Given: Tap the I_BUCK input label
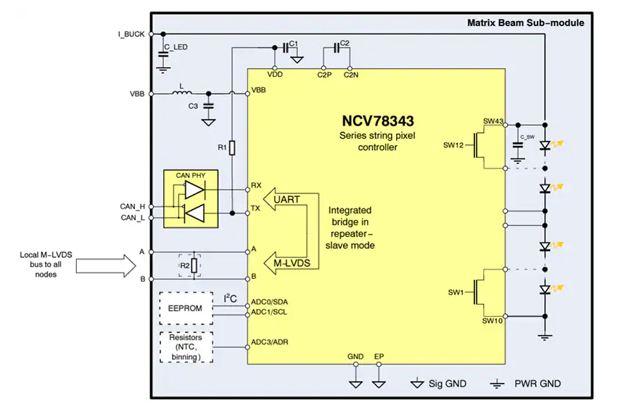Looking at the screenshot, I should [x=131, y=34].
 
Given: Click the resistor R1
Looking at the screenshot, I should [x=231, y=148].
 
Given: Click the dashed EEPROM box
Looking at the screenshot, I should [x=186, y=308].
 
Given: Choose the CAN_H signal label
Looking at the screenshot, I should [x=132, y=206].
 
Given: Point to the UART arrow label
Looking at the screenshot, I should [x=287, y=199].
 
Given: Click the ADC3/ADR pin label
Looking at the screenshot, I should [x=268, y=342].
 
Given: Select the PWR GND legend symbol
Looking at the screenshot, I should [x=498, y=383].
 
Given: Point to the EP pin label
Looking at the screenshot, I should [x=379, y=357].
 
